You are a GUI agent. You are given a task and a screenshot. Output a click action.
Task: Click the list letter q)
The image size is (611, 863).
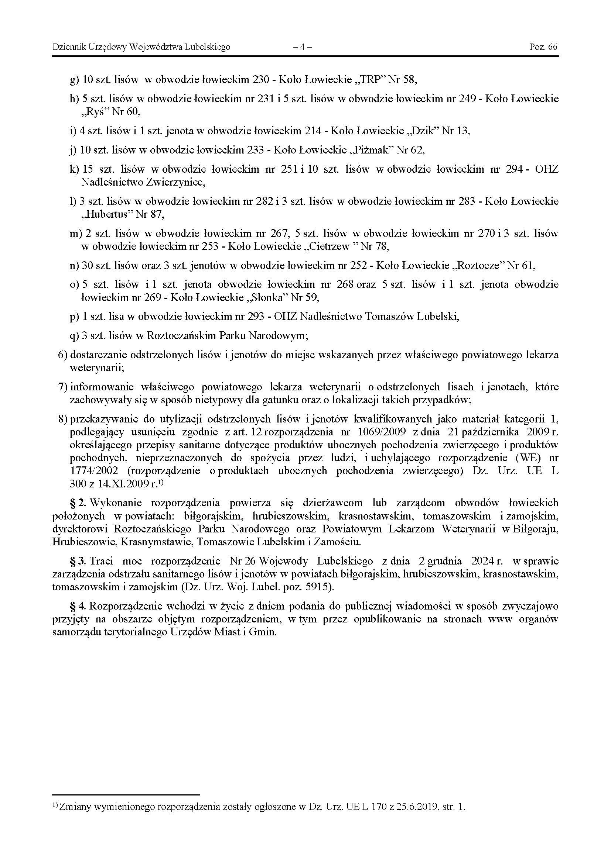tap(74, 336)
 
